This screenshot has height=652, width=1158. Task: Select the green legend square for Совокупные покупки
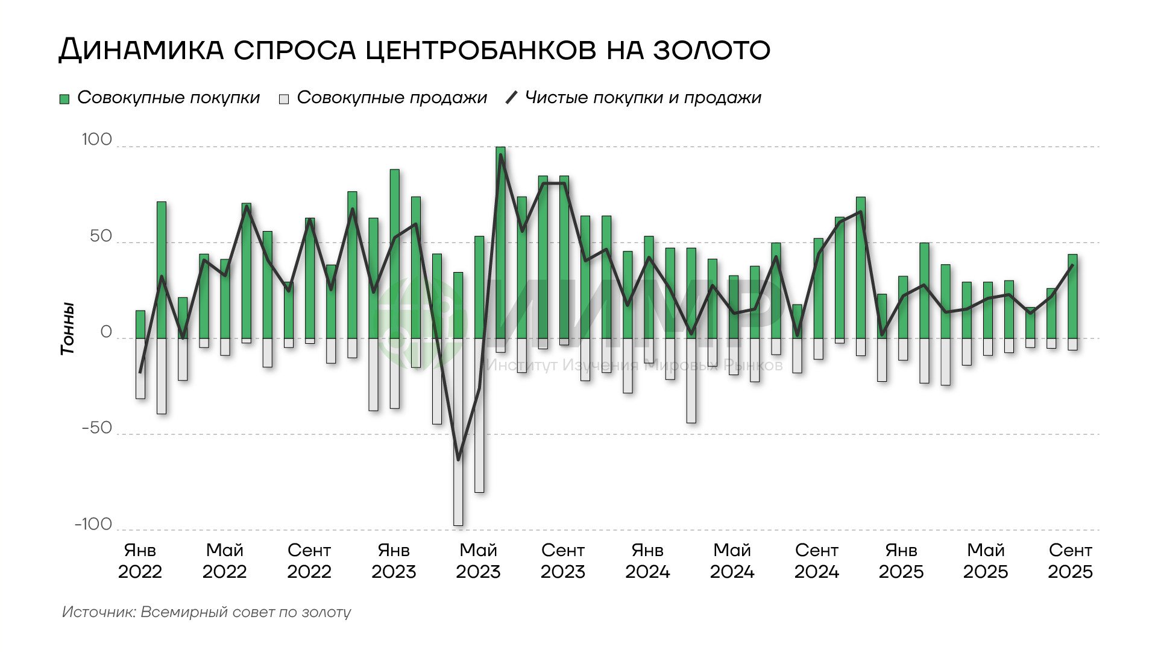coord(65,99)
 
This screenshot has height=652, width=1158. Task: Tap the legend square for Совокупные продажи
coord(284,99)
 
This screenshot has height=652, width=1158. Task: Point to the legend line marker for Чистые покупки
coord(511,98)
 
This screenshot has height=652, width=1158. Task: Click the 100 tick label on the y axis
coord(97,140)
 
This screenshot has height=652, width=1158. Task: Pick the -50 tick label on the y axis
coord(96,428)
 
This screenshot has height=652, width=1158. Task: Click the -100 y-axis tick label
coord(93,524)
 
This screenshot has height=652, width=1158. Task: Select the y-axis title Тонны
coord(68,329)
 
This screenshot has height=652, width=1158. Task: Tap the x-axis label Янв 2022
coord(140,561)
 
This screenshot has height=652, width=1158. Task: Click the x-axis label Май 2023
coord(478,561)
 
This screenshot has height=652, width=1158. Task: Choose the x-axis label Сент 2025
coord(1070,561)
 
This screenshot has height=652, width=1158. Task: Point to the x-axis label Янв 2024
coord(647,561)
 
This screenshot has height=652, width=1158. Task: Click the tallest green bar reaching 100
coord(500,241)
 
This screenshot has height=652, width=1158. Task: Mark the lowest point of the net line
coord(458,460)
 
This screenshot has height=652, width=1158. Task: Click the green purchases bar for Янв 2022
coord(140,324)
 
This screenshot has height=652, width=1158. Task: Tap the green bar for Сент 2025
coord(1072,296)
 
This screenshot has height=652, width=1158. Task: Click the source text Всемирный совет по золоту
coord(246,612)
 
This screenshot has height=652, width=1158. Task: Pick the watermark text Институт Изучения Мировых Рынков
coord(634,366)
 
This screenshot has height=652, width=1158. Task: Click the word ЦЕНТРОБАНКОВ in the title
coord(482,49)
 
